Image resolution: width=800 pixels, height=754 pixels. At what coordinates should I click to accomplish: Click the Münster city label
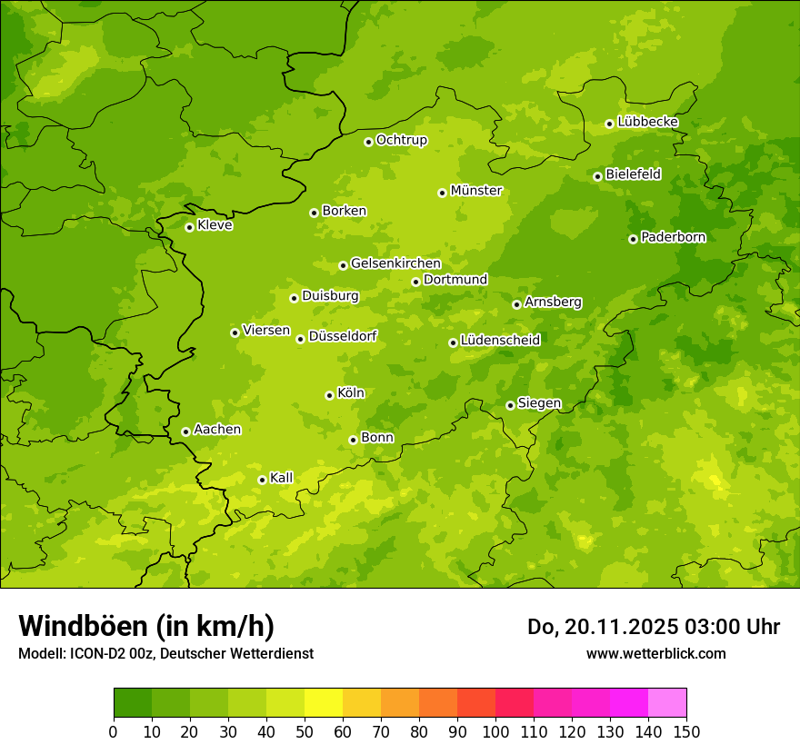coord(476,191)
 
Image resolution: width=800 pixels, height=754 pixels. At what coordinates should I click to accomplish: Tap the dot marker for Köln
coord(329,395)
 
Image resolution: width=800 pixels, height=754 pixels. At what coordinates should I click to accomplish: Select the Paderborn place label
coord(673,237)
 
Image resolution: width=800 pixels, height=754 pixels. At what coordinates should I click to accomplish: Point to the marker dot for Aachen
coord(185,432)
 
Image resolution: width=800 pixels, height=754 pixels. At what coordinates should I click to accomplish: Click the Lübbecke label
coord(647,122)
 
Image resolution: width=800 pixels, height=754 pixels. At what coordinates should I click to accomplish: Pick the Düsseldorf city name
coord(343,336)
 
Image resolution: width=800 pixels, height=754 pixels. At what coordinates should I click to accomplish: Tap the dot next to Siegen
coord(510,405)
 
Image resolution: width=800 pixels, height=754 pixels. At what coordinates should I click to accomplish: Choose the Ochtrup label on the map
coord(401,140)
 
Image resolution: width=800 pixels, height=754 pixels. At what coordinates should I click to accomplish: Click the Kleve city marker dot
coord(189,227)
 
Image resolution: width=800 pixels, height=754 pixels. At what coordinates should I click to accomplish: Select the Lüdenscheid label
coord(500,341)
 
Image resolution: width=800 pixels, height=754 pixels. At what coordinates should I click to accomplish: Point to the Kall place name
coord(282,478)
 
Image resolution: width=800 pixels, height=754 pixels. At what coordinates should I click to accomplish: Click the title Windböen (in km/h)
coord(146,626)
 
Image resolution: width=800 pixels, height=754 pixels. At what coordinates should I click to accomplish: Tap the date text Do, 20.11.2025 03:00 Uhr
coord(654,627)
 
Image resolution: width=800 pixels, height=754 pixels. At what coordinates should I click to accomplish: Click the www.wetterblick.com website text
coord(655,653)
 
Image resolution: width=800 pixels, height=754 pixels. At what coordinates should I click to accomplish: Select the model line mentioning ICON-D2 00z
coord(165,653)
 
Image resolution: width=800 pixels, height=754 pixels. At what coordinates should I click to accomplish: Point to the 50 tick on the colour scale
coord(305,731)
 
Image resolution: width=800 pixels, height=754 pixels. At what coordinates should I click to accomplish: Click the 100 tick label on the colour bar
coord(495,731)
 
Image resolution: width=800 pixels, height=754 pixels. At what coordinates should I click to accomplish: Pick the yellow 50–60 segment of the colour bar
coord(324,702)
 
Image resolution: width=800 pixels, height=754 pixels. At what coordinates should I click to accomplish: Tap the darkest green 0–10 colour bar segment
coord(133,702)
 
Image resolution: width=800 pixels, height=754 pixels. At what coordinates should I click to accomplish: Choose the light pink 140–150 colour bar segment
coord(667,702)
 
